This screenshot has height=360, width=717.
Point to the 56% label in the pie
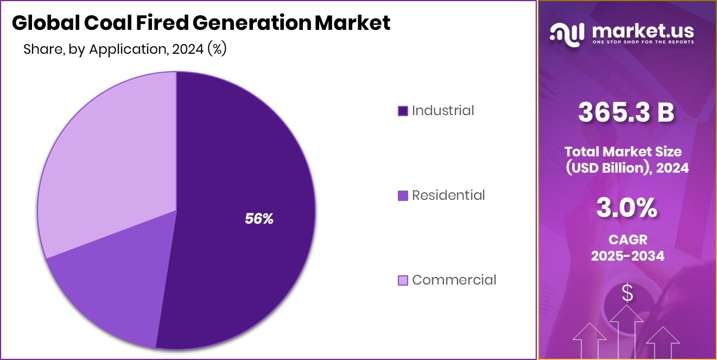(259, 219)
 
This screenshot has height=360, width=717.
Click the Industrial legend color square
(403, 111)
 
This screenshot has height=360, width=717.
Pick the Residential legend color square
(403, 195)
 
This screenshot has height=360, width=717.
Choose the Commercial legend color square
(403, 280)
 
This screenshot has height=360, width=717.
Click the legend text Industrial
(443, 111)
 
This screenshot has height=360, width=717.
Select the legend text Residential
(448, 195)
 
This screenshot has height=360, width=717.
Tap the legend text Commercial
(454, 280)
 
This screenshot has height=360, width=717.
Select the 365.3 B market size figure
(626, 113)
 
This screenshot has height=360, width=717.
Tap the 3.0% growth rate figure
(626, 209)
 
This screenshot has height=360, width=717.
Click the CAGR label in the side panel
(627, 238)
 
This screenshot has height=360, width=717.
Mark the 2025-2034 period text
(627, 256)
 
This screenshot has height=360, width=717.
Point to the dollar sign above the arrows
(627, 294)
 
